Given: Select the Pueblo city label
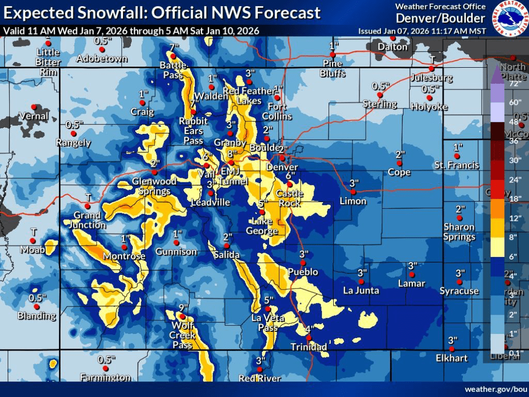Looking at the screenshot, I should [x=303, y=272].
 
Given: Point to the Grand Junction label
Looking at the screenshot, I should [x=89, y=220].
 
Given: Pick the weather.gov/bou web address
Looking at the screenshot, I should [x=494, y=389].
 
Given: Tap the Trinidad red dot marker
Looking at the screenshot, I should [x=308, y=338].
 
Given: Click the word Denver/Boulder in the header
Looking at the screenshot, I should [x=441, y=19].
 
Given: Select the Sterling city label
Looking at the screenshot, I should [x=380, y=104].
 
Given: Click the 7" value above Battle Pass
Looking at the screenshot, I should [x=174, y=48].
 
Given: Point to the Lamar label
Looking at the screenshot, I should [x=412, y=283].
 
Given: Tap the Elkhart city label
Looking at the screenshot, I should [x=451, y=358].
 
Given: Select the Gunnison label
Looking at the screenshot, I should [x=177, y=252].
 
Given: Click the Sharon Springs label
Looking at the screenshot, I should [x=459, y=232].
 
